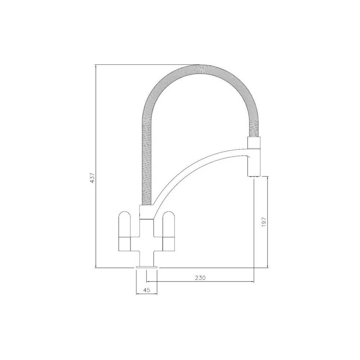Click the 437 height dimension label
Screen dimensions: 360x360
tap(93, 178)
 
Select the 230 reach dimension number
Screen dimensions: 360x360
tap(200, 278)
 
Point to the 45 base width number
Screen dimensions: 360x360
tap(147, 290)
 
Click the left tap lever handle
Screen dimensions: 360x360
tap(125, 230)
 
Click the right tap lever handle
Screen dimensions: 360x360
tap(168, 230)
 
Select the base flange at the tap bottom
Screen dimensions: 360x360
tap(147, 267)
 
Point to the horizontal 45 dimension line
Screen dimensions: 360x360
tap(147, 294)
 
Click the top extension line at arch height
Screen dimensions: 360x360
tap(144, 65)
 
